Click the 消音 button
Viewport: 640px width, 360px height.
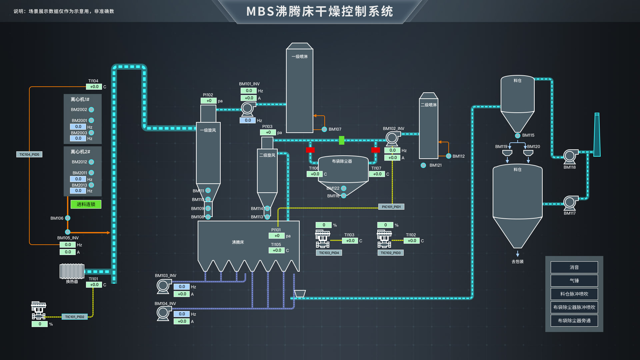pos(574,267)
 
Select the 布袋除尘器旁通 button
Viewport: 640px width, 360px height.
pos(574,321)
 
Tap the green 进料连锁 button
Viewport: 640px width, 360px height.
pos(86,204)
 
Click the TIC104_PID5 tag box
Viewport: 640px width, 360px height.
pos(29,154)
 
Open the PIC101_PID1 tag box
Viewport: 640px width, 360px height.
pos(391,207)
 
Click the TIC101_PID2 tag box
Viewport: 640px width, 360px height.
pos(75,317)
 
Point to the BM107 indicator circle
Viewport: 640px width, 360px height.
pos(324,129)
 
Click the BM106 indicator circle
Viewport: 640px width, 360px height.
pos(68,218)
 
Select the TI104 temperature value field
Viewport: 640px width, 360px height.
pos(94,87)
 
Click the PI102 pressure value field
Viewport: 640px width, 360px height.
pos(209,101)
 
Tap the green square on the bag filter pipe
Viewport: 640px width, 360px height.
pos(342,140)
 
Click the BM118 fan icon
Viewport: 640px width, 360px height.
pos(570,156)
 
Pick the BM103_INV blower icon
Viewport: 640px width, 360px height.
pos(163,286)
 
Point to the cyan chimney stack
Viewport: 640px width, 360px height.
pos(597,135)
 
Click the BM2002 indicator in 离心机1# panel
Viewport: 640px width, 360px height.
pos(91,110)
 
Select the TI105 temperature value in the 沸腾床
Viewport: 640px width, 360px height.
pos(277,250)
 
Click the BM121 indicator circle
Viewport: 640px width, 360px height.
pos(423,165)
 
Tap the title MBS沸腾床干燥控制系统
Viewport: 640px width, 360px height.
pos(320,12)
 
